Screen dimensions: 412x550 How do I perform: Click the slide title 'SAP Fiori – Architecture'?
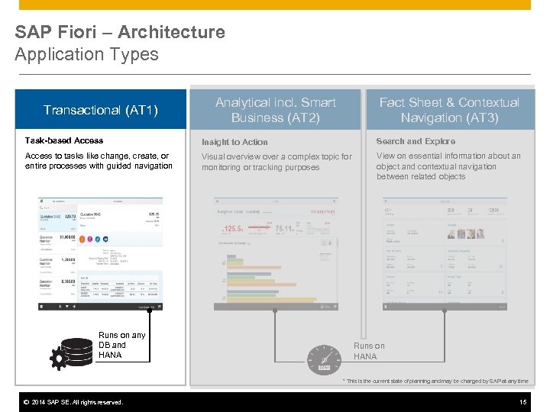[120, 32]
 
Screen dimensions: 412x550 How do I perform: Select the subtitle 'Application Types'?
[86, 54]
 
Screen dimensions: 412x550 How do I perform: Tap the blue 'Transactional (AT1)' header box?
[101, 110]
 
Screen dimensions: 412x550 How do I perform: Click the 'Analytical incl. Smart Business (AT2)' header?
[275, 110]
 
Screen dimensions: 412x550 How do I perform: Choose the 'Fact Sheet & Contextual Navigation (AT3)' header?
[449, 110]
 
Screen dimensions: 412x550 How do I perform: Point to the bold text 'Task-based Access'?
[64, 140]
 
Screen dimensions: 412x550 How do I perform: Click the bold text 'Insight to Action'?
[235, 142]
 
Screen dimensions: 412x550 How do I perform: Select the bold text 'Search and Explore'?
[416, 141]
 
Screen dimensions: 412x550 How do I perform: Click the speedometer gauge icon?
[324, 359]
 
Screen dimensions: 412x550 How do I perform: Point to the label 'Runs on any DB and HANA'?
[121, 345]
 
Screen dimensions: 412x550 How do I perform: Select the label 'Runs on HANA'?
[369, 351]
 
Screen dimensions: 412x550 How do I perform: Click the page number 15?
[522, 402]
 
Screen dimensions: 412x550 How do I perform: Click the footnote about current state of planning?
[435, 381]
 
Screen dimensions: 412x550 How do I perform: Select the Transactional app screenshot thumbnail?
[100, 253]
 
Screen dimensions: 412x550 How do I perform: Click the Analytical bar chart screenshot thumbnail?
[275, 253]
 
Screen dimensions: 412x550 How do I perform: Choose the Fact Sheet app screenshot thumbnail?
[444, 253]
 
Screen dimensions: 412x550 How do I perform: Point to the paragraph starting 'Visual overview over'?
[277, 162]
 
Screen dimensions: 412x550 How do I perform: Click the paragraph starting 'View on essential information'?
[448, 166]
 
